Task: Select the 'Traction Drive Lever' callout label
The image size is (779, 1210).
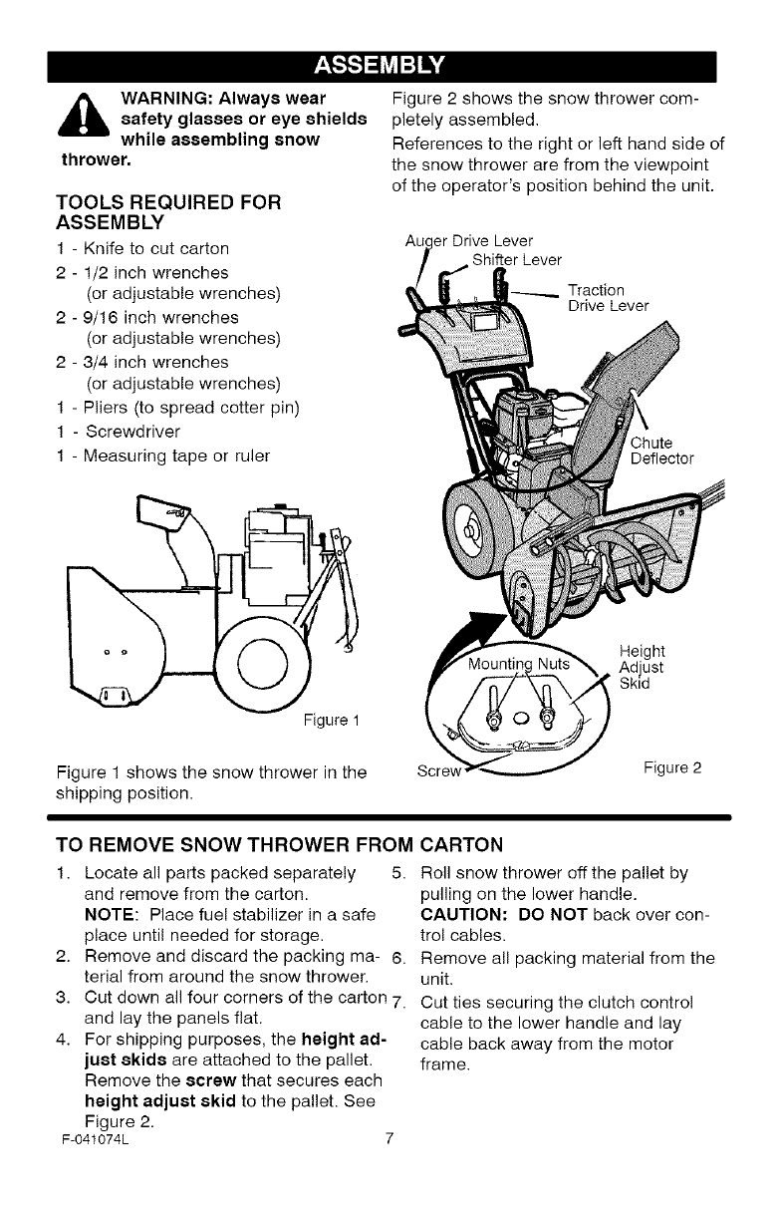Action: click(x=607, y=298)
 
